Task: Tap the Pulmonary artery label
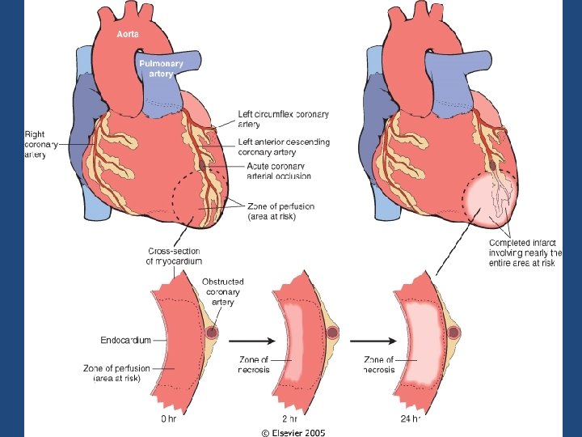point(162,68)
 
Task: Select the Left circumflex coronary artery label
point(284,118)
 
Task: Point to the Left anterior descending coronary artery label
point(284,147)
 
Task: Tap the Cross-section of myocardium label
point(174,256)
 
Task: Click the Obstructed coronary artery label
point(222,291)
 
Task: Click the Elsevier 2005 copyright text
point(293,432)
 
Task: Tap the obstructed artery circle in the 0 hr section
point(213,333)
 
